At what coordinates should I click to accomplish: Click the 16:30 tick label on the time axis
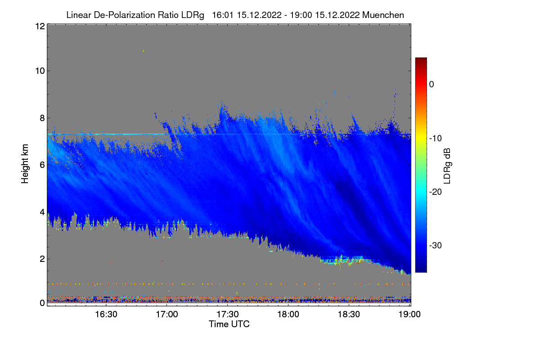point(106,315)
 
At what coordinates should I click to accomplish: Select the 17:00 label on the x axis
point(166,315)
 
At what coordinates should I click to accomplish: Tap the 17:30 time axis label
point(228,315)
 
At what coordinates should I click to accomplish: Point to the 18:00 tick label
point(288,315)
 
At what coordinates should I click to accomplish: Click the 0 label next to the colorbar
point(431,84)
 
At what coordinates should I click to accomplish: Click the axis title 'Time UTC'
point(229,324)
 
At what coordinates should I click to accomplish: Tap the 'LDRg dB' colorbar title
point(447,165)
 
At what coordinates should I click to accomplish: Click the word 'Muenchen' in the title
point(383,15)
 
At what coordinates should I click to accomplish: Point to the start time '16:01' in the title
point(220,15)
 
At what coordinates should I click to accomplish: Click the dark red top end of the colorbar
point(421,60)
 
